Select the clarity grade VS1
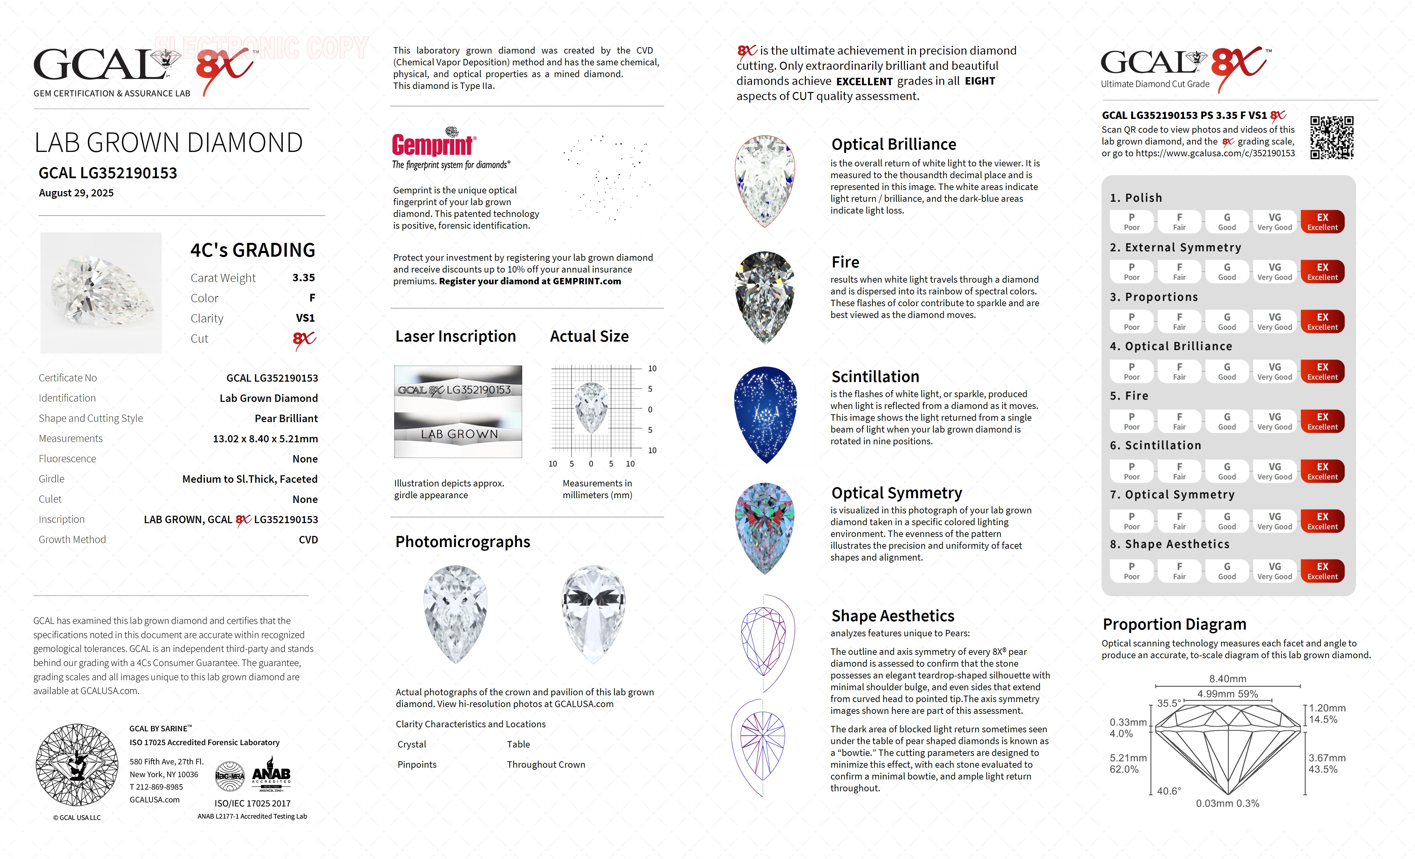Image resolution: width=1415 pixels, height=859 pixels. pyautogui.click(x=305, y=318)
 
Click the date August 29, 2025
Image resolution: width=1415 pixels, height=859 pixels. pyautogui.click(x=76, y=193)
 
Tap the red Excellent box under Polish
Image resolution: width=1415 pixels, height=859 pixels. pyautogui.click(x=1322, y=222)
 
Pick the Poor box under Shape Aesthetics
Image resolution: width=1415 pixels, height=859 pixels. pyautogui.click(x=1131, y=571)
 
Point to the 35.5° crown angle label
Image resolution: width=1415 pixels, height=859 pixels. pyautogui.click(x=1169, y=703)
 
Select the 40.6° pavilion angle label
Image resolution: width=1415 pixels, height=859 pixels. pyautogui.click(x=1169, y=791)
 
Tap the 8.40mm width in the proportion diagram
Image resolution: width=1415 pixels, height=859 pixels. pyautogui.click(x=1227, y=679)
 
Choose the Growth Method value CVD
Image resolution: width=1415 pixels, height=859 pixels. pyautogui.click(x=308, y=540)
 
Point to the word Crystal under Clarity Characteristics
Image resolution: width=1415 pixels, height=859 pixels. pyautogui.click(x=412, y=744)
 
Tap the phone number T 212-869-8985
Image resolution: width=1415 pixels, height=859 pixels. pyautogui.click(x=156, y=787)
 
